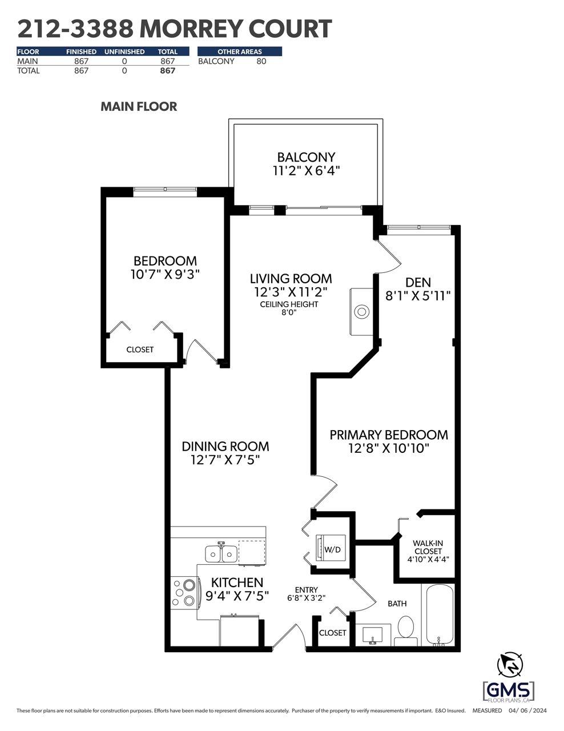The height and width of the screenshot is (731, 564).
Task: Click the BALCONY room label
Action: coord(306,157)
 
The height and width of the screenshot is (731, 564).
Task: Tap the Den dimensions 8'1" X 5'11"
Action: coord(418,296)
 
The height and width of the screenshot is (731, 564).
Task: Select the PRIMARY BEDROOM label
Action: coord(389,435)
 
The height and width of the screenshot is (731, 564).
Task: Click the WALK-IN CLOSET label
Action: coord(428,547)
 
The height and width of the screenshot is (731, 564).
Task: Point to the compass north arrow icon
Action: coord(510,664)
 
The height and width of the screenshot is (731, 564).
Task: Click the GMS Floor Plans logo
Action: coord(509,691)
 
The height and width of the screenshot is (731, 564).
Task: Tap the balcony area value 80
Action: coord(261,61)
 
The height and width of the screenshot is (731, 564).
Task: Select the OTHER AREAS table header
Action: coord(240,51)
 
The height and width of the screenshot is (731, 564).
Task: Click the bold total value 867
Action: coord(167,71)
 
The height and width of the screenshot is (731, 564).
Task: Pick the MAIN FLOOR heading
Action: coord(139,107)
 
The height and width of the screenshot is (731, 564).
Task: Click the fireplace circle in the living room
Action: coord(362,312)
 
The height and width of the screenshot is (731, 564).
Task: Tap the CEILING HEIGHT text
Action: coord(289,304)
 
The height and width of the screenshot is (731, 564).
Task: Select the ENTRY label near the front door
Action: coord(306,590)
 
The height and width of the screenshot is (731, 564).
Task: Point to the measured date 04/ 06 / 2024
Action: coord(527,711)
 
